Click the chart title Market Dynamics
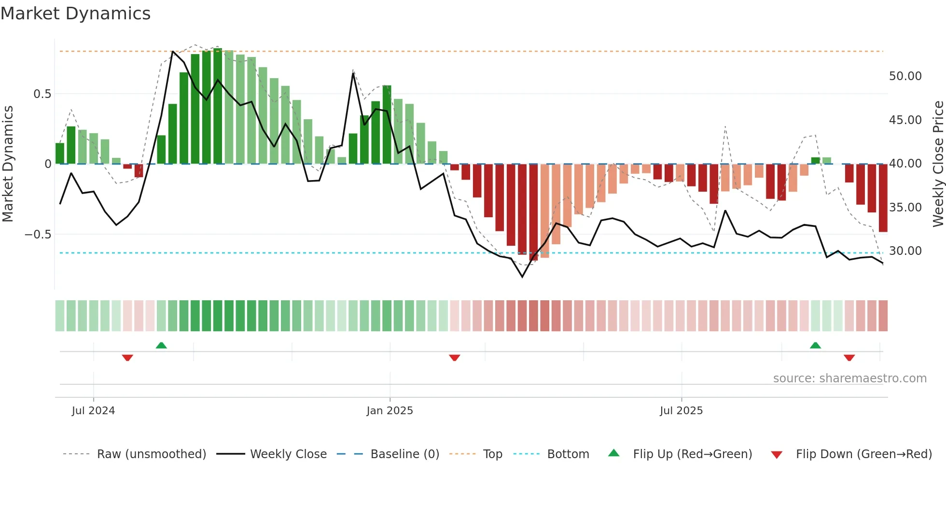(76, 14)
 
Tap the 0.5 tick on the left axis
(42, 94)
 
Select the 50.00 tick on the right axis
(905, 76)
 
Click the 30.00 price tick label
(905, 251)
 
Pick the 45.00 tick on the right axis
(905, 120)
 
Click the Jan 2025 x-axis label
(390, 411)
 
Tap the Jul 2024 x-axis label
(93, 411)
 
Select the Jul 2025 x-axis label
(681, 411)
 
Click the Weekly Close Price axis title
(938, 164)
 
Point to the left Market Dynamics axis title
(8, 164)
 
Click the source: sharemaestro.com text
(849, 378)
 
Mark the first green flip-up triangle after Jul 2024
(161, 346)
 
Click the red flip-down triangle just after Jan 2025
(454, 358)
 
